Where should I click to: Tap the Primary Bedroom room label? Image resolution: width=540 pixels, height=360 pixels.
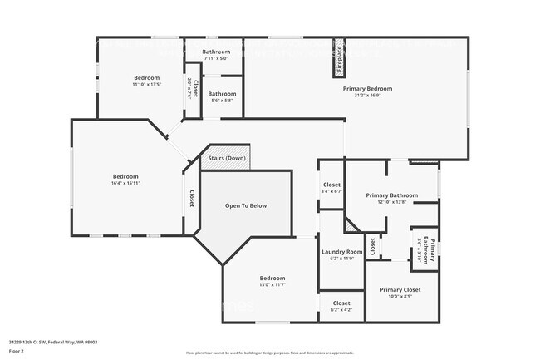pyautogui.click(x=367, y=88)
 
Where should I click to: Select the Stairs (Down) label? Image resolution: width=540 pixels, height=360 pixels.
pyautogui.click(x=227, y=158)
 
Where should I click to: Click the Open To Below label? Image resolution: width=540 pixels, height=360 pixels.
pyautogui.click(x=246, y=205)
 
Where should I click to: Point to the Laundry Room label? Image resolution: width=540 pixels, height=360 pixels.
pyautogui.click(x=342, y=252)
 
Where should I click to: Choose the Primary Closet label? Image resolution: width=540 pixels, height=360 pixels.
pyautogui.click(x=400, y=289)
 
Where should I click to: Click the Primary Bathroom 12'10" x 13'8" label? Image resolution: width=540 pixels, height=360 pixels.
pyautogui.click(x=391, y=196)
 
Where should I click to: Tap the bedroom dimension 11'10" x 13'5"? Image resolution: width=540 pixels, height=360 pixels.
pyautogui.click(x=146, y=84)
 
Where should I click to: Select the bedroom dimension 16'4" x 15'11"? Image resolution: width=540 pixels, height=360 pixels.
pyautogui.click(x=126, y=184)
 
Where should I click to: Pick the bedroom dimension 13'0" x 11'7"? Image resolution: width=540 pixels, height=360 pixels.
pyautogui.click(x=272, y=285)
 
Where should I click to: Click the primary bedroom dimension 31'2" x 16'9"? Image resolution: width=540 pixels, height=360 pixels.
pyautogui.click(x=367, y=96)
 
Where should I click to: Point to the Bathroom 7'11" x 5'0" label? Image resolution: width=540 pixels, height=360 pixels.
pyautogui.click(x=214, y=52)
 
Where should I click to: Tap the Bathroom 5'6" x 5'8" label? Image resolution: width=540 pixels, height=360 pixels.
pyautogui.click(x=222, y=94)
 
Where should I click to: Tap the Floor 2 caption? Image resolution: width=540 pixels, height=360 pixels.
pyautogui.click(x=17, y=351)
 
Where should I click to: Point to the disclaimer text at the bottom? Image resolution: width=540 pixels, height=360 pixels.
pyautogui.click(x=269, y=353)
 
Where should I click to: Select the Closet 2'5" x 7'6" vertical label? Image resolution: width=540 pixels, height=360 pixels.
pyautogui.click(x=192, y=90)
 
